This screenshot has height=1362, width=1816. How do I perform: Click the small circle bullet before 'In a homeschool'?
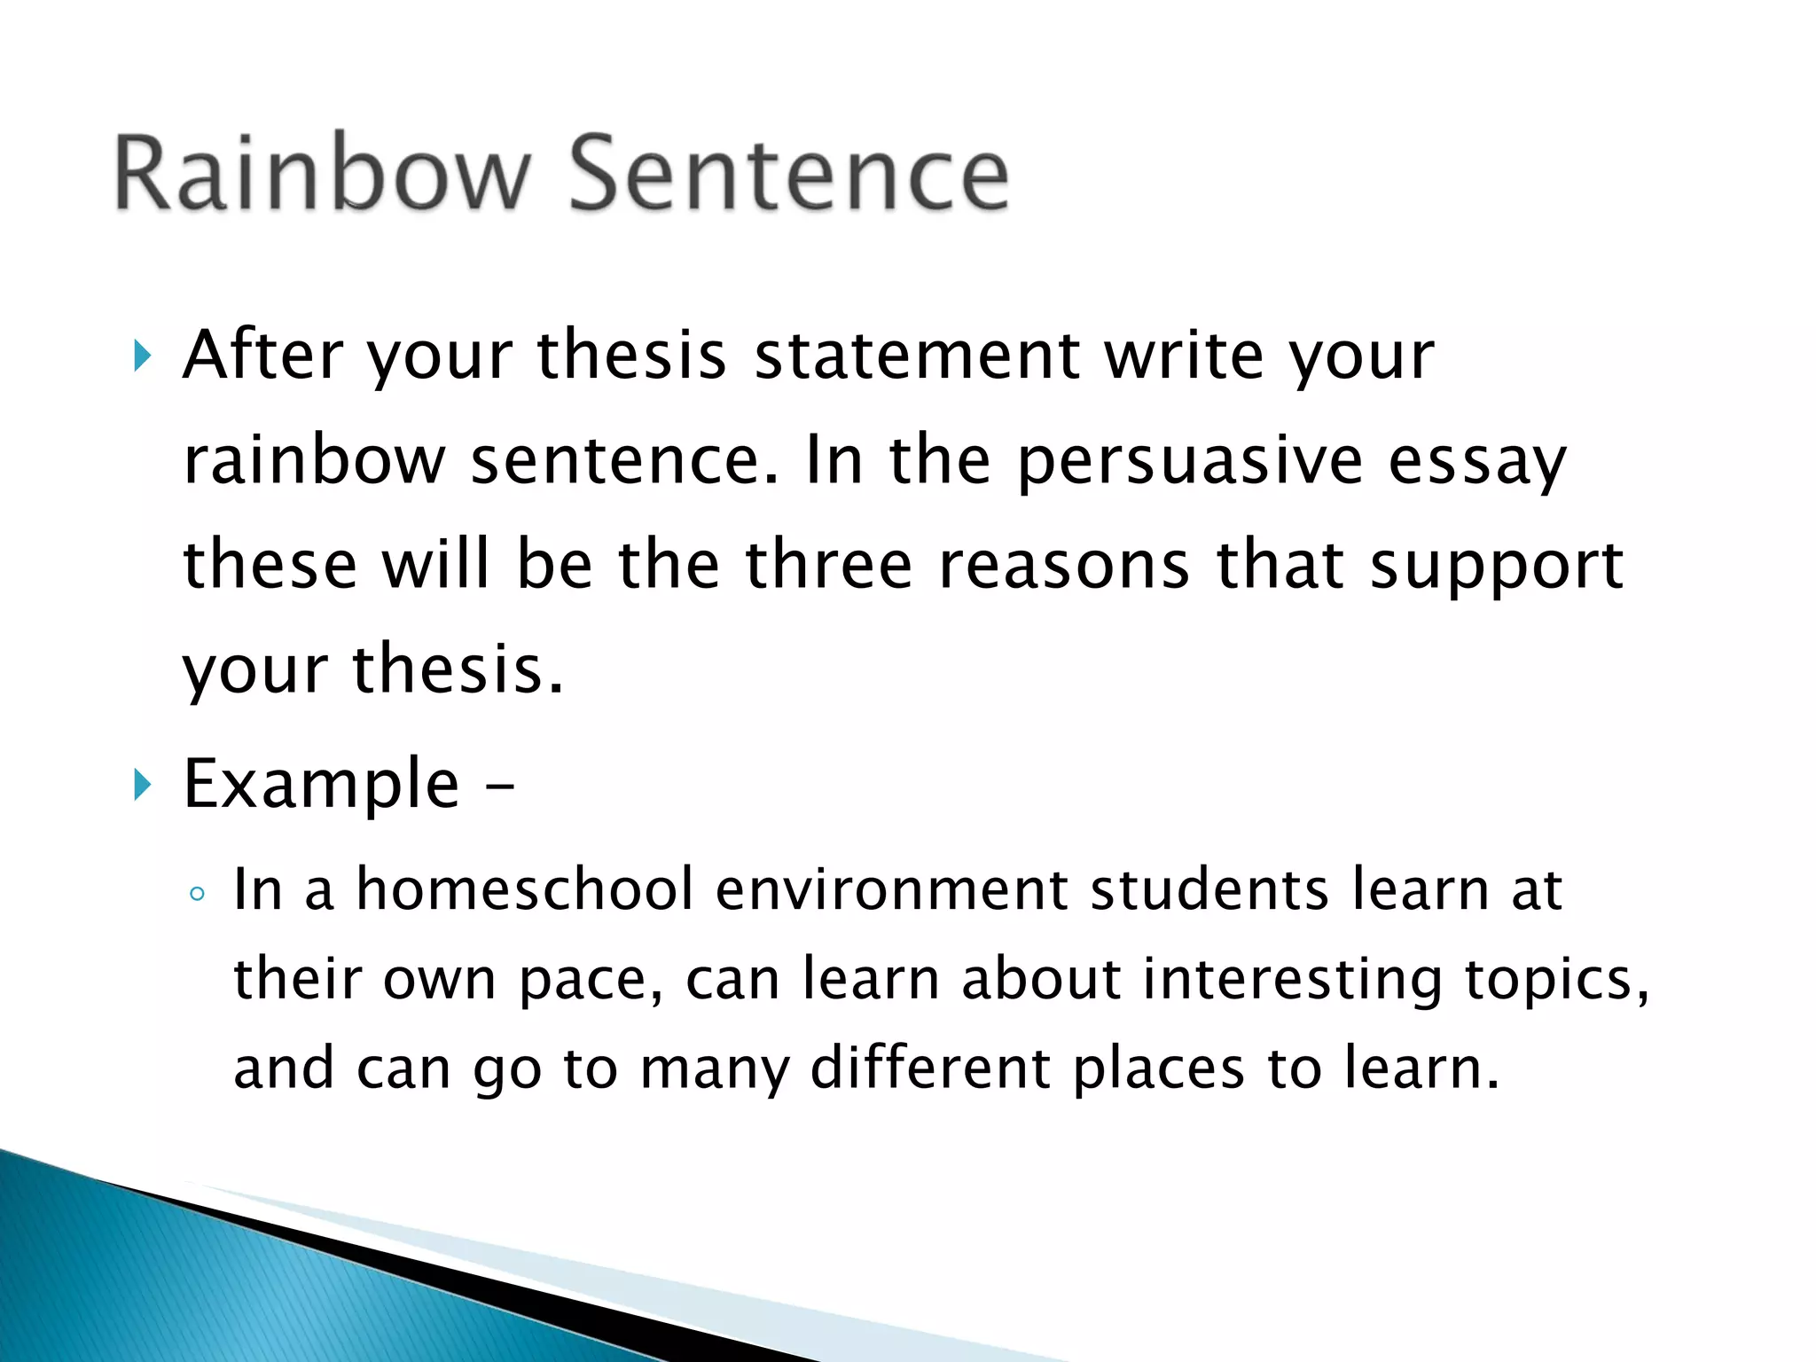pyautogui.click(x=197, y=894)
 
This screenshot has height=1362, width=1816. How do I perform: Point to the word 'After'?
pyautogui.click(x=262, y=355)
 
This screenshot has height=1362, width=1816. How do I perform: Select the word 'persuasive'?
pyautogui.click(x=1189, y=461)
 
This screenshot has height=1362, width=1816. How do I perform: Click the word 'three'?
pyautogui.click(x=829, y=565)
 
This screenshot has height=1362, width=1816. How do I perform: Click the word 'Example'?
pyautogui.click(x=321, y=785)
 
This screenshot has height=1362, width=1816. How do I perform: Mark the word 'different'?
pyautogui.click(x=930, y=1068)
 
